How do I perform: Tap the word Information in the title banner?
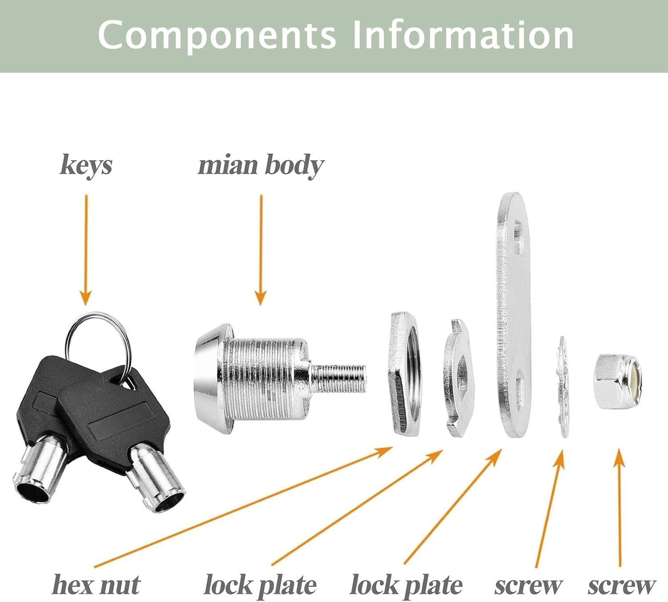click(x=463, y=35)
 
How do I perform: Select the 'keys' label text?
click(x=86, y=166)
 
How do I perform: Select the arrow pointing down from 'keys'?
click(x=86, y=250)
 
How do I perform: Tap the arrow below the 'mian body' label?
click(x=261, y=250)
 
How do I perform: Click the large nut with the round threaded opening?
click(x=405, y=374)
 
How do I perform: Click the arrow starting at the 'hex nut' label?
click(x=243, y=507)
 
